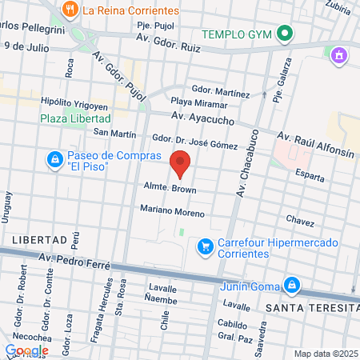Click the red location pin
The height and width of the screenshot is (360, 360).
[x=181, y=163]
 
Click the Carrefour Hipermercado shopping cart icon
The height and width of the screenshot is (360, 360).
[x=206, y=246]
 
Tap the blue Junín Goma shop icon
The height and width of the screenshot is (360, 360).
[x=293, y=284]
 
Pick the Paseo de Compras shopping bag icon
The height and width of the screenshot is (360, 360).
[x=54, y=160]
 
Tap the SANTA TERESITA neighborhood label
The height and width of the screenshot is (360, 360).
[x=312, y=309]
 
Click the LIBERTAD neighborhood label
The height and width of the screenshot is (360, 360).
[x=38, y=240]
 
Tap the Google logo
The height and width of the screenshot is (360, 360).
[x=27, y=350]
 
